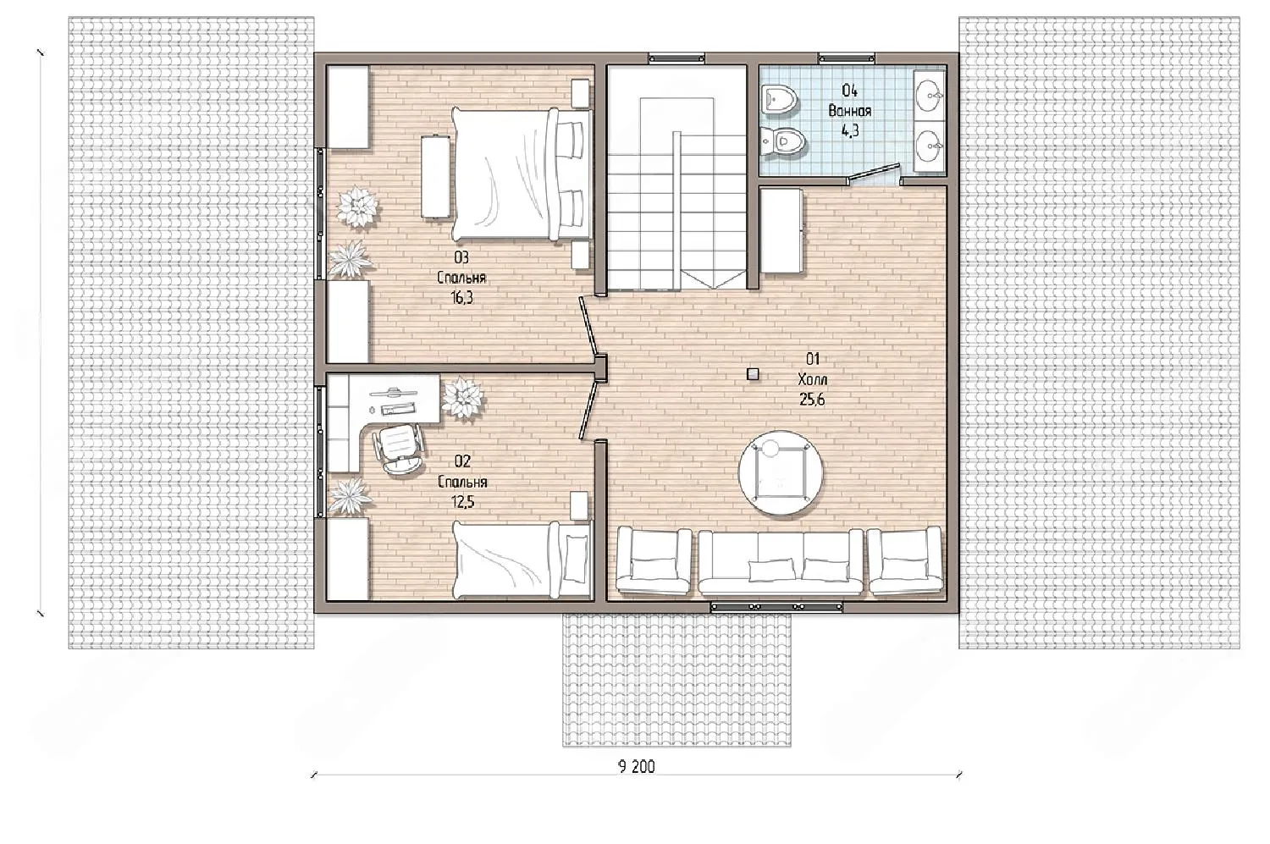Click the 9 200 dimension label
coord(636,767)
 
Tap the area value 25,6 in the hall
coord(812,400)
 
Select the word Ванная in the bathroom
coord(850,111)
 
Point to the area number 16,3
coord(461,298)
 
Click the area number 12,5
coord(462,502)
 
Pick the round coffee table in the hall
coord(780,474)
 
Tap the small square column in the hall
coord(753,374)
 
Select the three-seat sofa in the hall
coord(781,562)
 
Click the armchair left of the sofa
coord(654,560)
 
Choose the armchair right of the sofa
coord(905,560)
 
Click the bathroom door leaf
coord(873,172)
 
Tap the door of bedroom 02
coord(588,411)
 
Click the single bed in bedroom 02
coord(522,560)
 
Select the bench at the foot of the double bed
coord(435,176)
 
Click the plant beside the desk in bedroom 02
coord(463,399)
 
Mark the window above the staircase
coord(677,58)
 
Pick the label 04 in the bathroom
coord(849,91)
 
